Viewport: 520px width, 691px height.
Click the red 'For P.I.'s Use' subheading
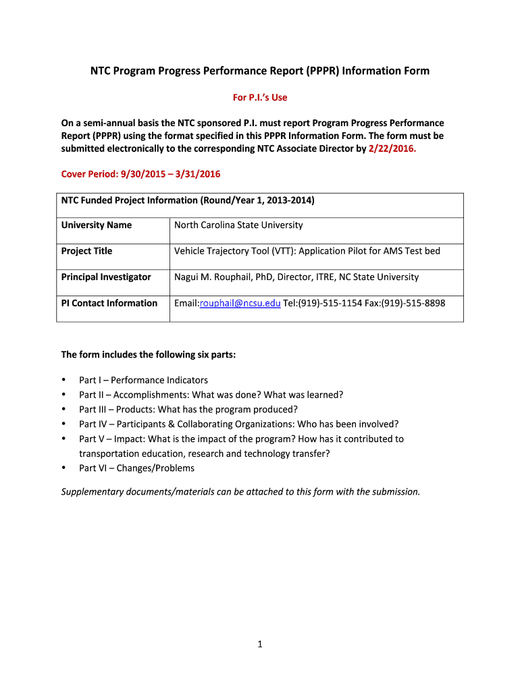(260, 97)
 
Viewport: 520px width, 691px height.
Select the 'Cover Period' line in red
(140, 174)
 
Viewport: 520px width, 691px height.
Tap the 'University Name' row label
(97, 225)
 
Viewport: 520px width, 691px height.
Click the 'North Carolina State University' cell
(238, 225)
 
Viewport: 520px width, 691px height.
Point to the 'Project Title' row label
(87, 251)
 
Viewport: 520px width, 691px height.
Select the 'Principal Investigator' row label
(106, 277)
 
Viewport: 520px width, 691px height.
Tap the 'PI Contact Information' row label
(109, 303)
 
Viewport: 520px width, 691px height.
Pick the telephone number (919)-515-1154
(330, 303)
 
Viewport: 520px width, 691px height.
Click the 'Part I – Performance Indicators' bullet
(143, 380)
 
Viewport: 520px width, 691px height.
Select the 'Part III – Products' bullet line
(188, 409)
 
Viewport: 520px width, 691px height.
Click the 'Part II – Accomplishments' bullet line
(211, 395)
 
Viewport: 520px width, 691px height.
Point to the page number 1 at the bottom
(259, 644)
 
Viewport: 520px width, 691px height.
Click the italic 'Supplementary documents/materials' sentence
(240, 491)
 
